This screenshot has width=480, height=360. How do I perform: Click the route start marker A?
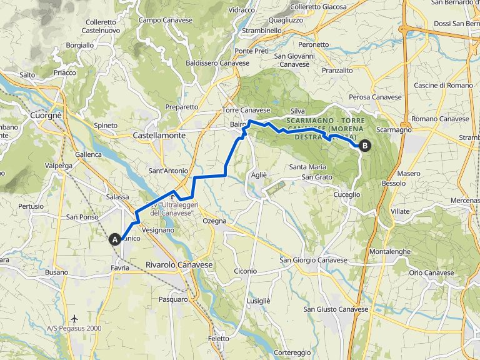(114, 239)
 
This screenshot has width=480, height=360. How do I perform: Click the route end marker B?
(364, 146)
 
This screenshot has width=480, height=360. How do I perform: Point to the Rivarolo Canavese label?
(179, 265)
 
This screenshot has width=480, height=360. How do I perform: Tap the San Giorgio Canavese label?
(312, 260)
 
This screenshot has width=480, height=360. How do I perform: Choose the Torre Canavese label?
(246, 111)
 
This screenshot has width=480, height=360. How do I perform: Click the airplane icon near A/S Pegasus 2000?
(75, 318)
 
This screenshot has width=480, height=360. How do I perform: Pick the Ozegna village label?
(215, 221)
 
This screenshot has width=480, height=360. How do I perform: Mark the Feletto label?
(219, 338)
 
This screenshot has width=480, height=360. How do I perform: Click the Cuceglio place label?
(347, 195)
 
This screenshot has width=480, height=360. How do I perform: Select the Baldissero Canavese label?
(217, 63)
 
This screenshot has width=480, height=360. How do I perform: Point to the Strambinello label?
(262, 31)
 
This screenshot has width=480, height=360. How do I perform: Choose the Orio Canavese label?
(431, 272)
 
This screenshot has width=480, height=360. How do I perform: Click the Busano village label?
(56, 272)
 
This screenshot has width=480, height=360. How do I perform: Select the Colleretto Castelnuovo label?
(101, 26)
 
